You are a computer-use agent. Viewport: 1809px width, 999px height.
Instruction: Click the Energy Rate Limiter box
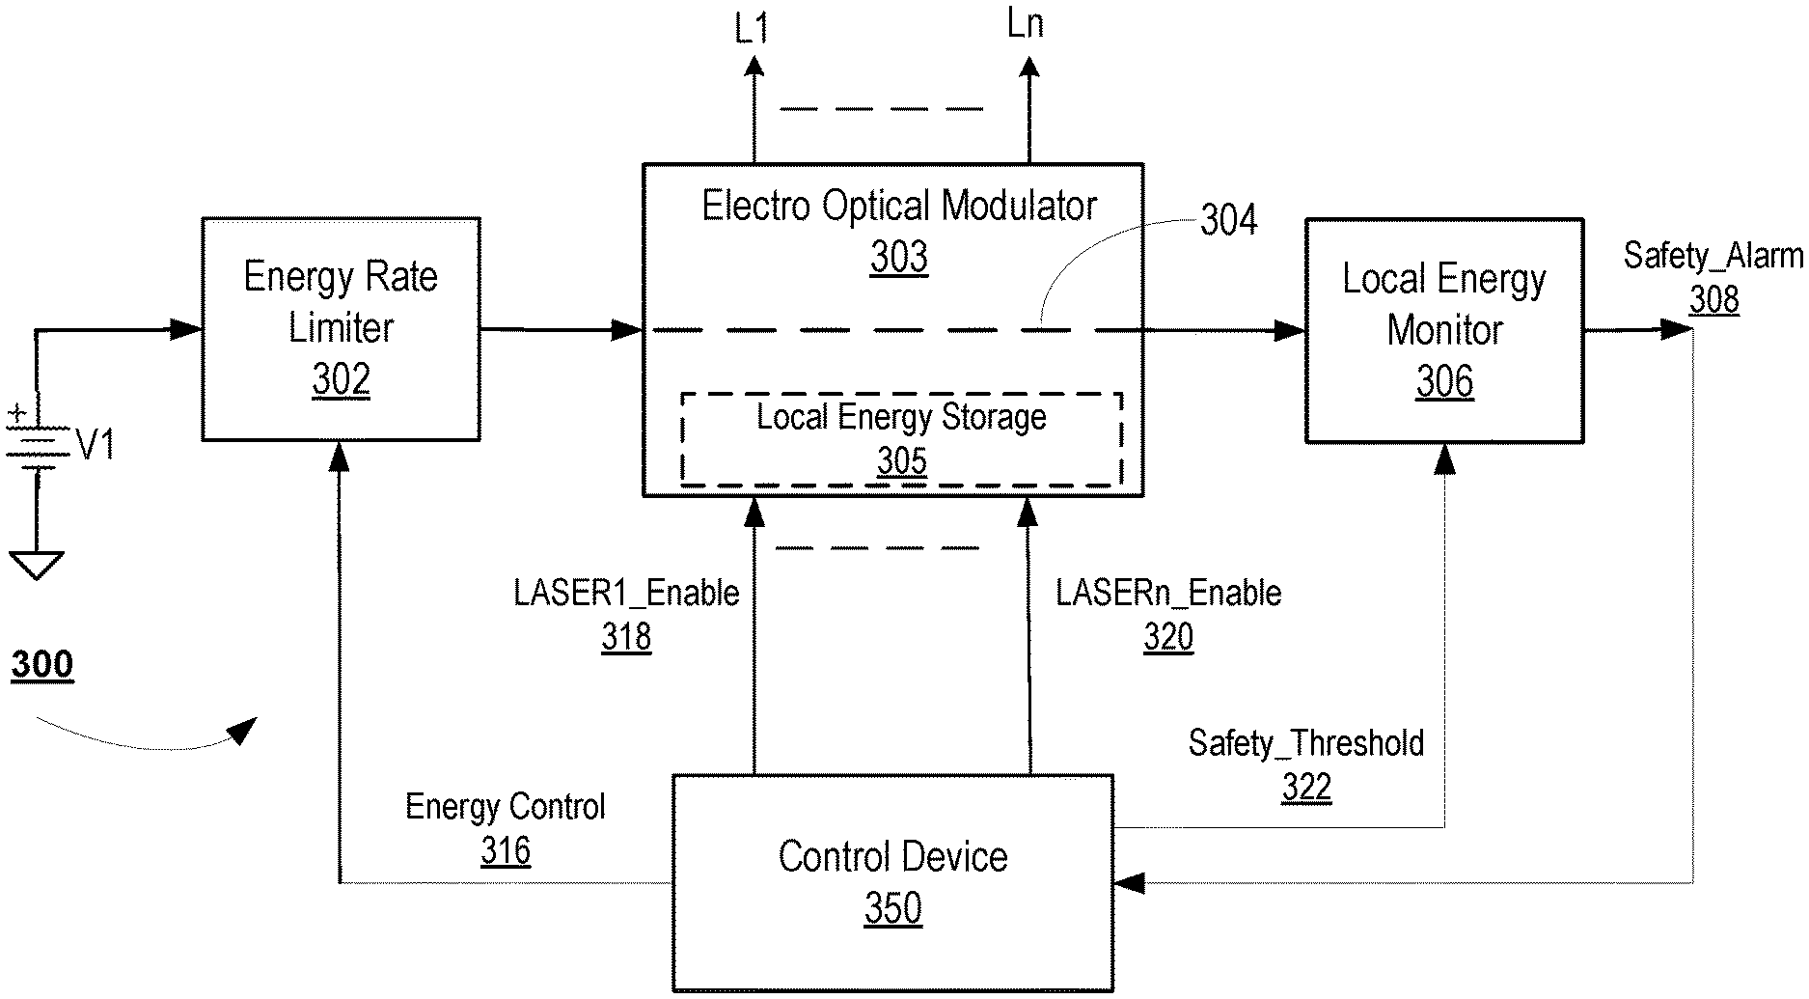click(341, 328)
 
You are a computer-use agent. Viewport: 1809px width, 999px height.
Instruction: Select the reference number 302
click(341, 380)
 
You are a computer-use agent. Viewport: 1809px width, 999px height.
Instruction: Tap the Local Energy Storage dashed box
click(901, 439)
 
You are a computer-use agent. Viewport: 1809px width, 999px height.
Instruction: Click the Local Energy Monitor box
click(1444, 330)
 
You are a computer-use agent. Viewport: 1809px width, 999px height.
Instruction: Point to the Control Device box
click(892, 882)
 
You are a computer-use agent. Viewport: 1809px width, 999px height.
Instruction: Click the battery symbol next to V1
click(37, 440)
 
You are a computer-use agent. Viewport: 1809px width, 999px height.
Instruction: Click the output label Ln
click(1025, 25)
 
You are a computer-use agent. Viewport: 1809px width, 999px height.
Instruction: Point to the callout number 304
click(1228, 221)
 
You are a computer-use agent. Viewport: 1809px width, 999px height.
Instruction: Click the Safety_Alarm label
click(1713, 256)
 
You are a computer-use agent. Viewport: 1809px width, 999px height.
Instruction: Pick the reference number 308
click(1713, 299)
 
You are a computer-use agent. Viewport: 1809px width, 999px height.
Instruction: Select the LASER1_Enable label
click(626, 593)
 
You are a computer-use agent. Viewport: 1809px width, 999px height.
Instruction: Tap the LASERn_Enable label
click(1168, 593)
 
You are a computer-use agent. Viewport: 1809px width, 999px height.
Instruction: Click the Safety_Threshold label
click(1305, 743)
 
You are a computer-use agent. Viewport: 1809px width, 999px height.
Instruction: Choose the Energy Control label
click(505, 807)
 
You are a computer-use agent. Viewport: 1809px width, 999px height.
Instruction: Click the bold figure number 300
click(41, 665)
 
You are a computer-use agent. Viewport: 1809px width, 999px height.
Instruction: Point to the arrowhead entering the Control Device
click(1128, 882)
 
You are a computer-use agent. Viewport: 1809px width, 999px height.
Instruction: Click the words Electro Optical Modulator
click(898, 206)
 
